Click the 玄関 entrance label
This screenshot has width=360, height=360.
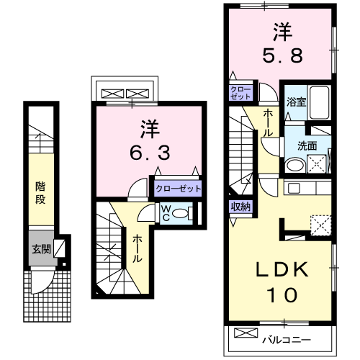[39, 249]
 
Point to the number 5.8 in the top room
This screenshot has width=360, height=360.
[280, 53]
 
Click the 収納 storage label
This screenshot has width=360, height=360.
[240, 207]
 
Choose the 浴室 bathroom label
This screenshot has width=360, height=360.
[296, 102]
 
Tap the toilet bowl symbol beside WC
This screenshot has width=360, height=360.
[184, 212]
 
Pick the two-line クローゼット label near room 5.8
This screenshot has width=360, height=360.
[240, 93]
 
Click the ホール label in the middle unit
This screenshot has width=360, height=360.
[136, 249]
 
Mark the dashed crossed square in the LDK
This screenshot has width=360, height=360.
[319, 225]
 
